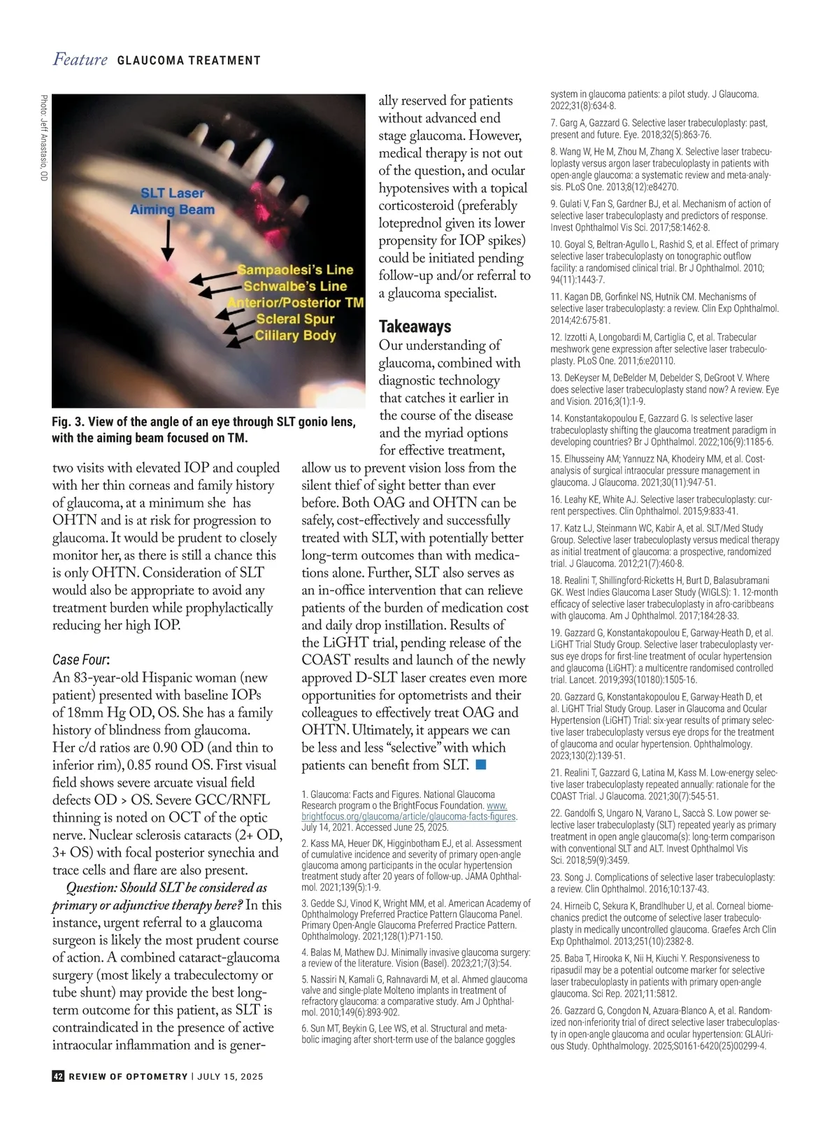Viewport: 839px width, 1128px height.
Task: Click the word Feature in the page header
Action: coord(80,59)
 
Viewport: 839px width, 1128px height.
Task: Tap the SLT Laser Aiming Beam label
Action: coord(172,201)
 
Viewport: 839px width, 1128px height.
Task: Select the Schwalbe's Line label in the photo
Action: coord(295,286)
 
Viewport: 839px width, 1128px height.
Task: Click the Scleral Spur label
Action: coord(295,319)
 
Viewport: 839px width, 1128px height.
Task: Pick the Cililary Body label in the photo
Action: coord(295,335)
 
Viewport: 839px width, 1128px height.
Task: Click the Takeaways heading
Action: coord(415,327)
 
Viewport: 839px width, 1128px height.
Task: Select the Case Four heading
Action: coord(80,659)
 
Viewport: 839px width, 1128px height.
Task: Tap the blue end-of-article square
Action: coord(480,764)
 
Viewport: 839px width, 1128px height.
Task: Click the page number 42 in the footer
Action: coord(59,1076)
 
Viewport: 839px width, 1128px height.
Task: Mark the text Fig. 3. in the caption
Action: coord(68,422)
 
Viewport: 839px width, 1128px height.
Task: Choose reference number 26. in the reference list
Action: coord(557,1011)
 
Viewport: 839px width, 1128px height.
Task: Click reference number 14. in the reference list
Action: coord(557,418)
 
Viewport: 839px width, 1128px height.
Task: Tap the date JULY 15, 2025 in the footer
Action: coord(230,1076)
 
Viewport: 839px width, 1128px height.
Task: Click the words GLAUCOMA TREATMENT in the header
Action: coord(189,61)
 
